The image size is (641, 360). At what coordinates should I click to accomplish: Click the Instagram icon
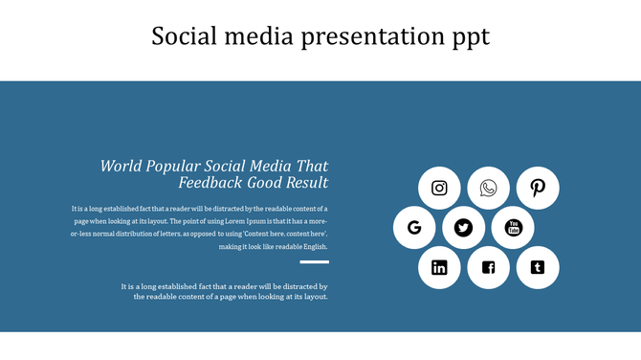point(439,188)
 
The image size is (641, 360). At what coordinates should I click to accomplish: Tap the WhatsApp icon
point(489,188)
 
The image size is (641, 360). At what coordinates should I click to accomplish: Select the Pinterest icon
point(538,188)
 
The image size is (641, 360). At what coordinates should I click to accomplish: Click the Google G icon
point(414,228)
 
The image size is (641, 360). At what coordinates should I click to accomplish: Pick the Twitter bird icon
point(464,228)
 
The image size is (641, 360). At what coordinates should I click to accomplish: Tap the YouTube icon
point(514,228)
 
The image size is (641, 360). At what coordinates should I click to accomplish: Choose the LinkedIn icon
point(439,267)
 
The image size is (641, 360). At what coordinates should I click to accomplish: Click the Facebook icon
point(489,267)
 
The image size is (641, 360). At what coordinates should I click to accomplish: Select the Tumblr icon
point(538,267)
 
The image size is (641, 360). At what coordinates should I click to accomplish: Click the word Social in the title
point(186,36)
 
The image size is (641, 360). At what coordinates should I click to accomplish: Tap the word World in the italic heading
point(121,166)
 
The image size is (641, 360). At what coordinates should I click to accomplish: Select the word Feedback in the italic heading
point(210,183)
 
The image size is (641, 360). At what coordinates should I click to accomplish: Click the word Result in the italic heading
point(305,183)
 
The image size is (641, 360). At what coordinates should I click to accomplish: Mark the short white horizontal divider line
point(314,261)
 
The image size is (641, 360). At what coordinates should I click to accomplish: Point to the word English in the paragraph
point(312,246)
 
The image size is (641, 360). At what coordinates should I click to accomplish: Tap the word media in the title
point(260,36)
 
